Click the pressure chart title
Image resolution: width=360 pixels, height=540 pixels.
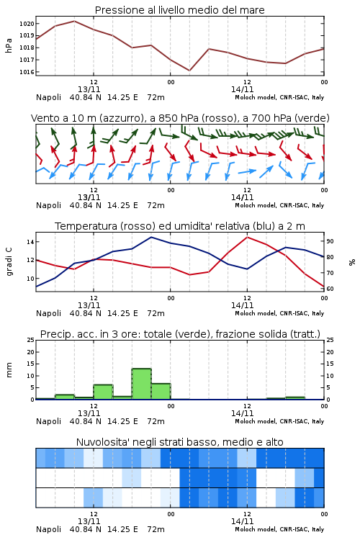[179, 10]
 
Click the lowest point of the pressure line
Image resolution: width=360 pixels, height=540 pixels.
[189, 71]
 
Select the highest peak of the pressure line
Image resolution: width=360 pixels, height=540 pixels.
[74, 21]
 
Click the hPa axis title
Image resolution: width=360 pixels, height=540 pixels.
[9, 45]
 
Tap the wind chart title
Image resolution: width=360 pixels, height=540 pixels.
[180, 118]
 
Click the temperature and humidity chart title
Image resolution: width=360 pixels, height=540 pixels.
[180, 226]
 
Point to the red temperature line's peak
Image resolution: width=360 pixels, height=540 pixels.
[247, 237]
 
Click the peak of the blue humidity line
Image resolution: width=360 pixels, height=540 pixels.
[151, 237]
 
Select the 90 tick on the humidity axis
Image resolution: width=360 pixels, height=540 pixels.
[330, 241]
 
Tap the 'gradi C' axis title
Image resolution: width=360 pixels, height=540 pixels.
[9, 261]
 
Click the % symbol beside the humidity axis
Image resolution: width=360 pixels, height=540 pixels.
[352, 262]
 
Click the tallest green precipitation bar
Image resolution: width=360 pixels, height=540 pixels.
[142, 384]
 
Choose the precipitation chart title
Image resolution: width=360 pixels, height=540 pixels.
[180, 334]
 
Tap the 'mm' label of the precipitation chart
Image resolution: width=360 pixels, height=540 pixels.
[9, 370]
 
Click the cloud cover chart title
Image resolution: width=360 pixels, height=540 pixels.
[179, 442]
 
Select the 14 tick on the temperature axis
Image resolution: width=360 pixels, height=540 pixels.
[30, 242]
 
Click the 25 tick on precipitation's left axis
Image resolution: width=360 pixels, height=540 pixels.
[30, 340]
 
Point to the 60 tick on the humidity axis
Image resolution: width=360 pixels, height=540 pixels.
[330, 289]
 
